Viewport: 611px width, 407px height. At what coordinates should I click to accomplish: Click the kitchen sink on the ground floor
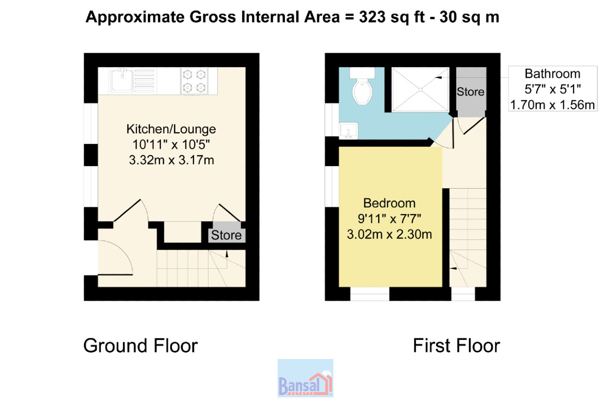coord(122,81)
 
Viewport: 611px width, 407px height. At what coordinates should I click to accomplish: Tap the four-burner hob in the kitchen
coord(194,81)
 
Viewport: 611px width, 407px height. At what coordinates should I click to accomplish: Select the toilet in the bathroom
coord(362,86)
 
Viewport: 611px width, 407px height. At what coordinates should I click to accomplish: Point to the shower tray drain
coord(420,89)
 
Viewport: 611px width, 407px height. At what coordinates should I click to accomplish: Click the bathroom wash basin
coord(348,131)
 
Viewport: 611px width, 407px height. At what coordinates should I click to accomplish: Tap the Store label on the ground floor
coord(226,235)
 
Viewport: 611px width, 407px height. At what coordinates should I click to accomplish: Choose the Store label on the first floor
coord(471,92)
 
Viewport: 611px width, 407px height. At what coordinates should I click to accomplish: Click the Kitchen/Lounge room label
coord(171,129)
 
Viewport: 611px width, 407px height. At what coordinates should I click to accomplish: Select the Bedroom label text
coord(389,203)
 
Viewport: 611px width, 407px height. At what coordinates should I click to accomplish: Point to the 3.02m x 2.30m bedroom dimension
coord(389,234)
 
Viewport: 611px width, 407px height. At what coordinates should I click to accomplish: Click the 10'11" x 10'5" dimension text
coord(171,144)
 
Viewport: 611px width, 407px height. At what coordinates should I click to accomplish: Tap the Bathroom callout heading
coord(552,73)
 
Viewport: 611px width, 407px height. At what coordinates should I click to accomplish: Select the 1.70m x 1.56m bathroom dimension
coord(552,105)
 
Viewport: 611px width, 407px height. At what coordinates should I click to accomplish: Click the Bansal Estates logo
coord(305,378)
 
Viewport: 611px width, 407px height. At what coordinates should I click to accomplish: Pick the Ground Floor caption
coord(140,346)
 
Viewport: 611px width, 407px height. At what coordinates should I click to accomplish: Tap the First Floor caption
coord(456,346)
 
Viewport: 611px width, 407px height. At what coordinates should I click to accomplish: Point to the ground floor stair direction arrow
coord(227,260)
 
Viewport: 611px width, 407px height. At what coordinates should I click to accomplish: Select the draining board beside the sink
coord(144,81)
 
